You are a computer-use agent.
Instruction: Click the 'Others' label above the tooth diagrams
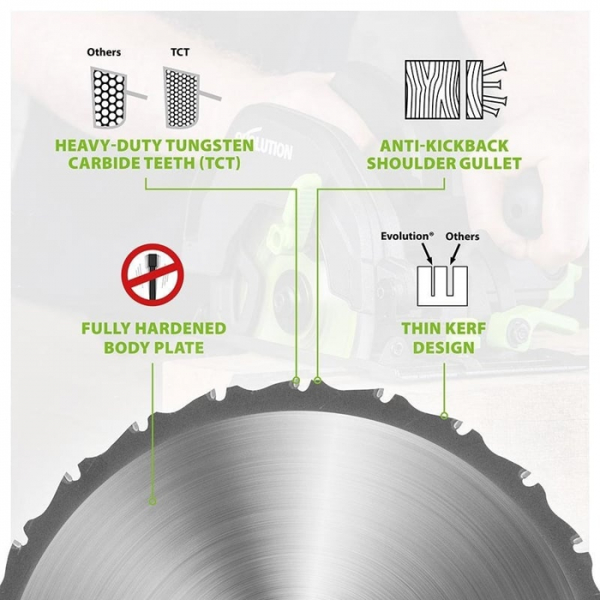(104, 52)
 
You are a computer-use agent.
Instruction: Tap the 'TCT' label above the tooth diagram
(180, 52)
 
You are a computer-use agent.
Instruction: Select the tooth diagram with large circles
(109, 98)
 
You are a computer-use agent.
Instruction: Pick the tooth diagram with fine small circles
(182, 98)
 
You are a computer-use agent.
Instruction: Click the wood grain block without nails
(432, 89)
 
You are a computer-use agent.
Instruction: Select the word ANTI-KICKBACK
(444, 146)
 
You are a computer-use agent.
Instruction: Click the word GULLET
(489, 164)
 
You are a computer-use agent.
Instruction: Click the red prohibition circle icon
(153, 274)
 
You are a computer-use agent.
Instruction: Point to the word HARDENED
(181, 328)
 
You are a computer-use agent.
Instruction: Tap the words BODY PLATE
(153, 348)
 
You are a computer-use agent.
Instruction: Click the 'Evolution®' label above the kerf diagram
(407, 237)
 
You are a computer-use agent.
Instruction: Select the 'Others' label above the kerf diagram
(462, 237)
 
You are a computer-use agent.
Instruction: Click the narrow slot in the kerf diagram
(433, 281)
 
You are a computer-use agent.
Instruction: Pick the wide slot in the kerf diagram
(450, 281)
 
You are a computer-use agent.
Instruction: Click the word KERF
(464, 328)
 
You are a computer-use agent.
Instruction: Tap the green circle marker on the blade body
(153, 501)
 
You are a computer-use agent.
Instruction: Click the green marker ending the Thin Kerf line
(444, 416)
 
